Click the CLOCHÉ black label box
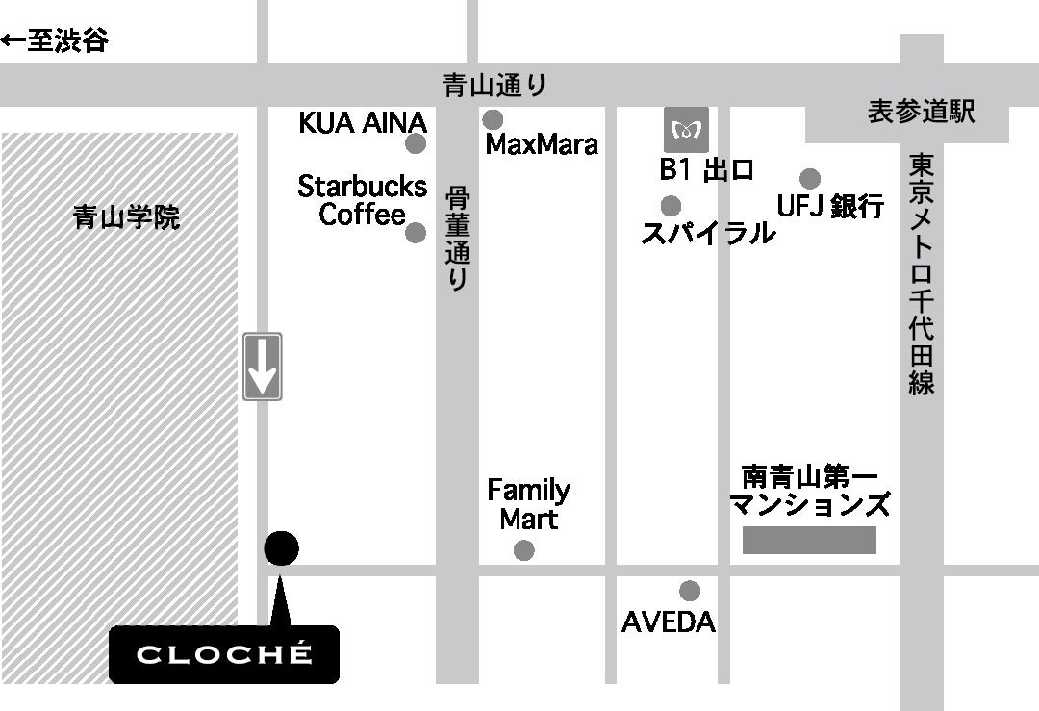224,654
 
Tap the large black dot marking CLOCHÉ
281,548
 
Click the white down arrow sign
262,367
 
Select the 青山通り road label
494,86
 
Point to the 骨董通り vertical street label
457,238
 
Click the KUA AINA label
362,123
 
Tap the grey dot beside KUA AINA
416,144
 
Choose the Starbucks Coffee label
362,199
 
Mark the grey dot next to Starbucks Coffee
416,233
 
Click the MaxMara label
542,144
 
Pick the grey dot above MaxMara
493,120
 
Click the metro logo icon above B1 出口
687,129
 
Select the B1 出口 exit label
706,170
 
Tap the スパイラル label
708,232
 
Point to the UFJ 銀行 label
830,205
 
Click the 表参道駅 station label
921,112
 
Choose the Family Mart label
528,504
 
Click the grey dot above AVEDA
689,591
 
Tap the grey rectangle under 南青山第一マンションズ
809,540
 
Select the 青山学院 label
126,218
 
